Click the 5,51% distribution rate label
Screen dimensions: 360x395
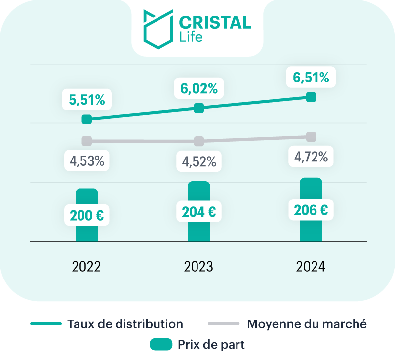(87, 100)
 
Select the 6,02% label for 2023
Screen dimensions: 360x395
(198, 88)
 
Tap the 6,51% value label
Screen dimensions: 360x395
(311, 78)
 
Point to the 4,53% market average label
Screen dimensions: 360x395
(87, 161)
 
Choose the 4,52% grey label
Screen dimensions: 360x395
(198, 161)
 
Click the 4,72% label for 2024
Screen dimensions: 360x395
(311, 157)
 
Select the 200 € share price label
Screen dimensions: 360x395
(87, 216)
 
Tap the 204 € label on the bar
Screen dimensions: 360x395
(198, 212)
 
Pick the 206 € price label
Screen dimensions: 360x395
(311, 210)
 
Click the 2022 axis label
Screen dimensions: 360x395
(87, 267)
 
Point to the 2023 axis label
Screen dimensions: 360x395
(198, 267)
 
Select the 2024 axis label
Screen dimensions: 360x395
(311, 267)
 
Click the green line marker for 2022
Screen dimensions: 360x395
(87, 119)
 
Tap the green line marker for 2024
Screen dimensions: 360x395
(311, 97)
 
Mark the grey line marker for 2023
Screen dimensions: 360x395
(198, 141)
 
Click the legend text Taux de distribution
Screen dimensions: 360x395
(124, 324)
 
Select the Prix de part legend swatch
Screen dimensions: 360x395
(161, 345)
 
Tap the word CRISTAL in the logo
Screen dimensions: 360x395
(214, 22)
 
